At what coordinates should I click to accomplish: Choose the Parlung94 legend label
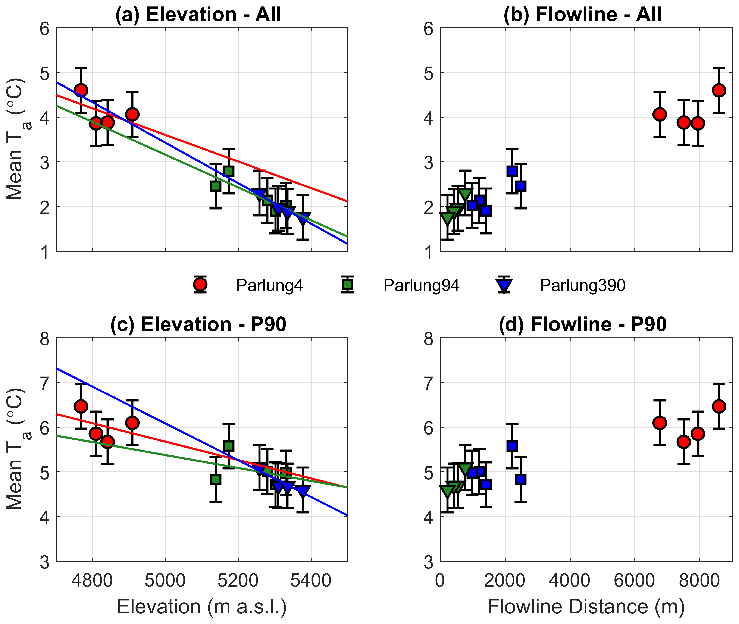pos(421,285)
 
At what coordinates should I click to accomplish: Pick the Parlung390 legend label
pos(582,285)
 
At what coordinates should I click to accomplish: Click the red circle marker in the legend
pos(200,284)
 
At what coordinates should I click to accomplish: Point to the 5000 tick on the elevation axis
pos(165,580)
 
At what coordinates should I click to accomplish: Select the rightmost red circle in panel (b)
pos(719,90)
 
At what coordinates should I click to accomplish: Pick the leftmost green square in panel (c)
pos(215,480)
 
